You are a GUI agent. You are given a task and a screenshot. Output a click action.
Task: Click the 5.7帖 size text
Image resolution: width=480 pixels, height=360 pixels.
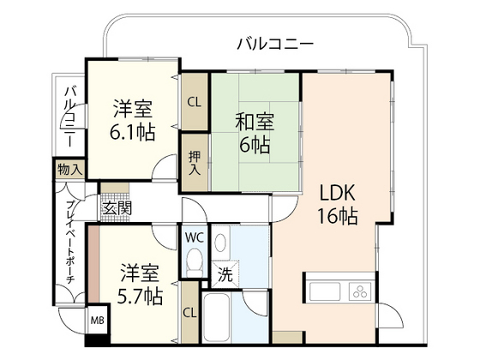click(x=136, y=297)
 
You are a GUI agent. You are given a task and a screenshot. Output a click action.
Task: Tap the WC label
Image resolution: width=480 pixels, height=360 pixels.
click(x=193, y=236)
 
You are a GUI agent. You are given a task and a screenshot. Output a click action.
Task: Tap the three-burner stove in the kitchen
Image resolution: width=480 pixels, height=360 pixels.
click(x=358, y=288)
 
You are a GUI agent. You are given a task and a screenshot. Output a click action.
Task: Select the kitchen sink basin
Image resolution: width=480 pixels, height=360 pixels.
click(x=322, y=288)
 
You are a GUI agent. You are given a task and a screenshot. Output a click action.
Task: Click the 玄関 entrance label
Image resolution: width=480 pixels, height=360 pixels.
click(x=117, y=208)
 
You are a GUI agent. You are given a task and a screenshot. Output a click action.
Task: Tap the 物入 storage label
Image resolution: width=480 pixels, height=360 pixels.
click(x=70, y=170)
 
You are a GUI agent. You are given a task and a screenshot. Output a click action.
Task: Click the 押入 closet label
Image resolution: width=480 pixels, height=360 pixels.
click(x=194, y=161)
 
